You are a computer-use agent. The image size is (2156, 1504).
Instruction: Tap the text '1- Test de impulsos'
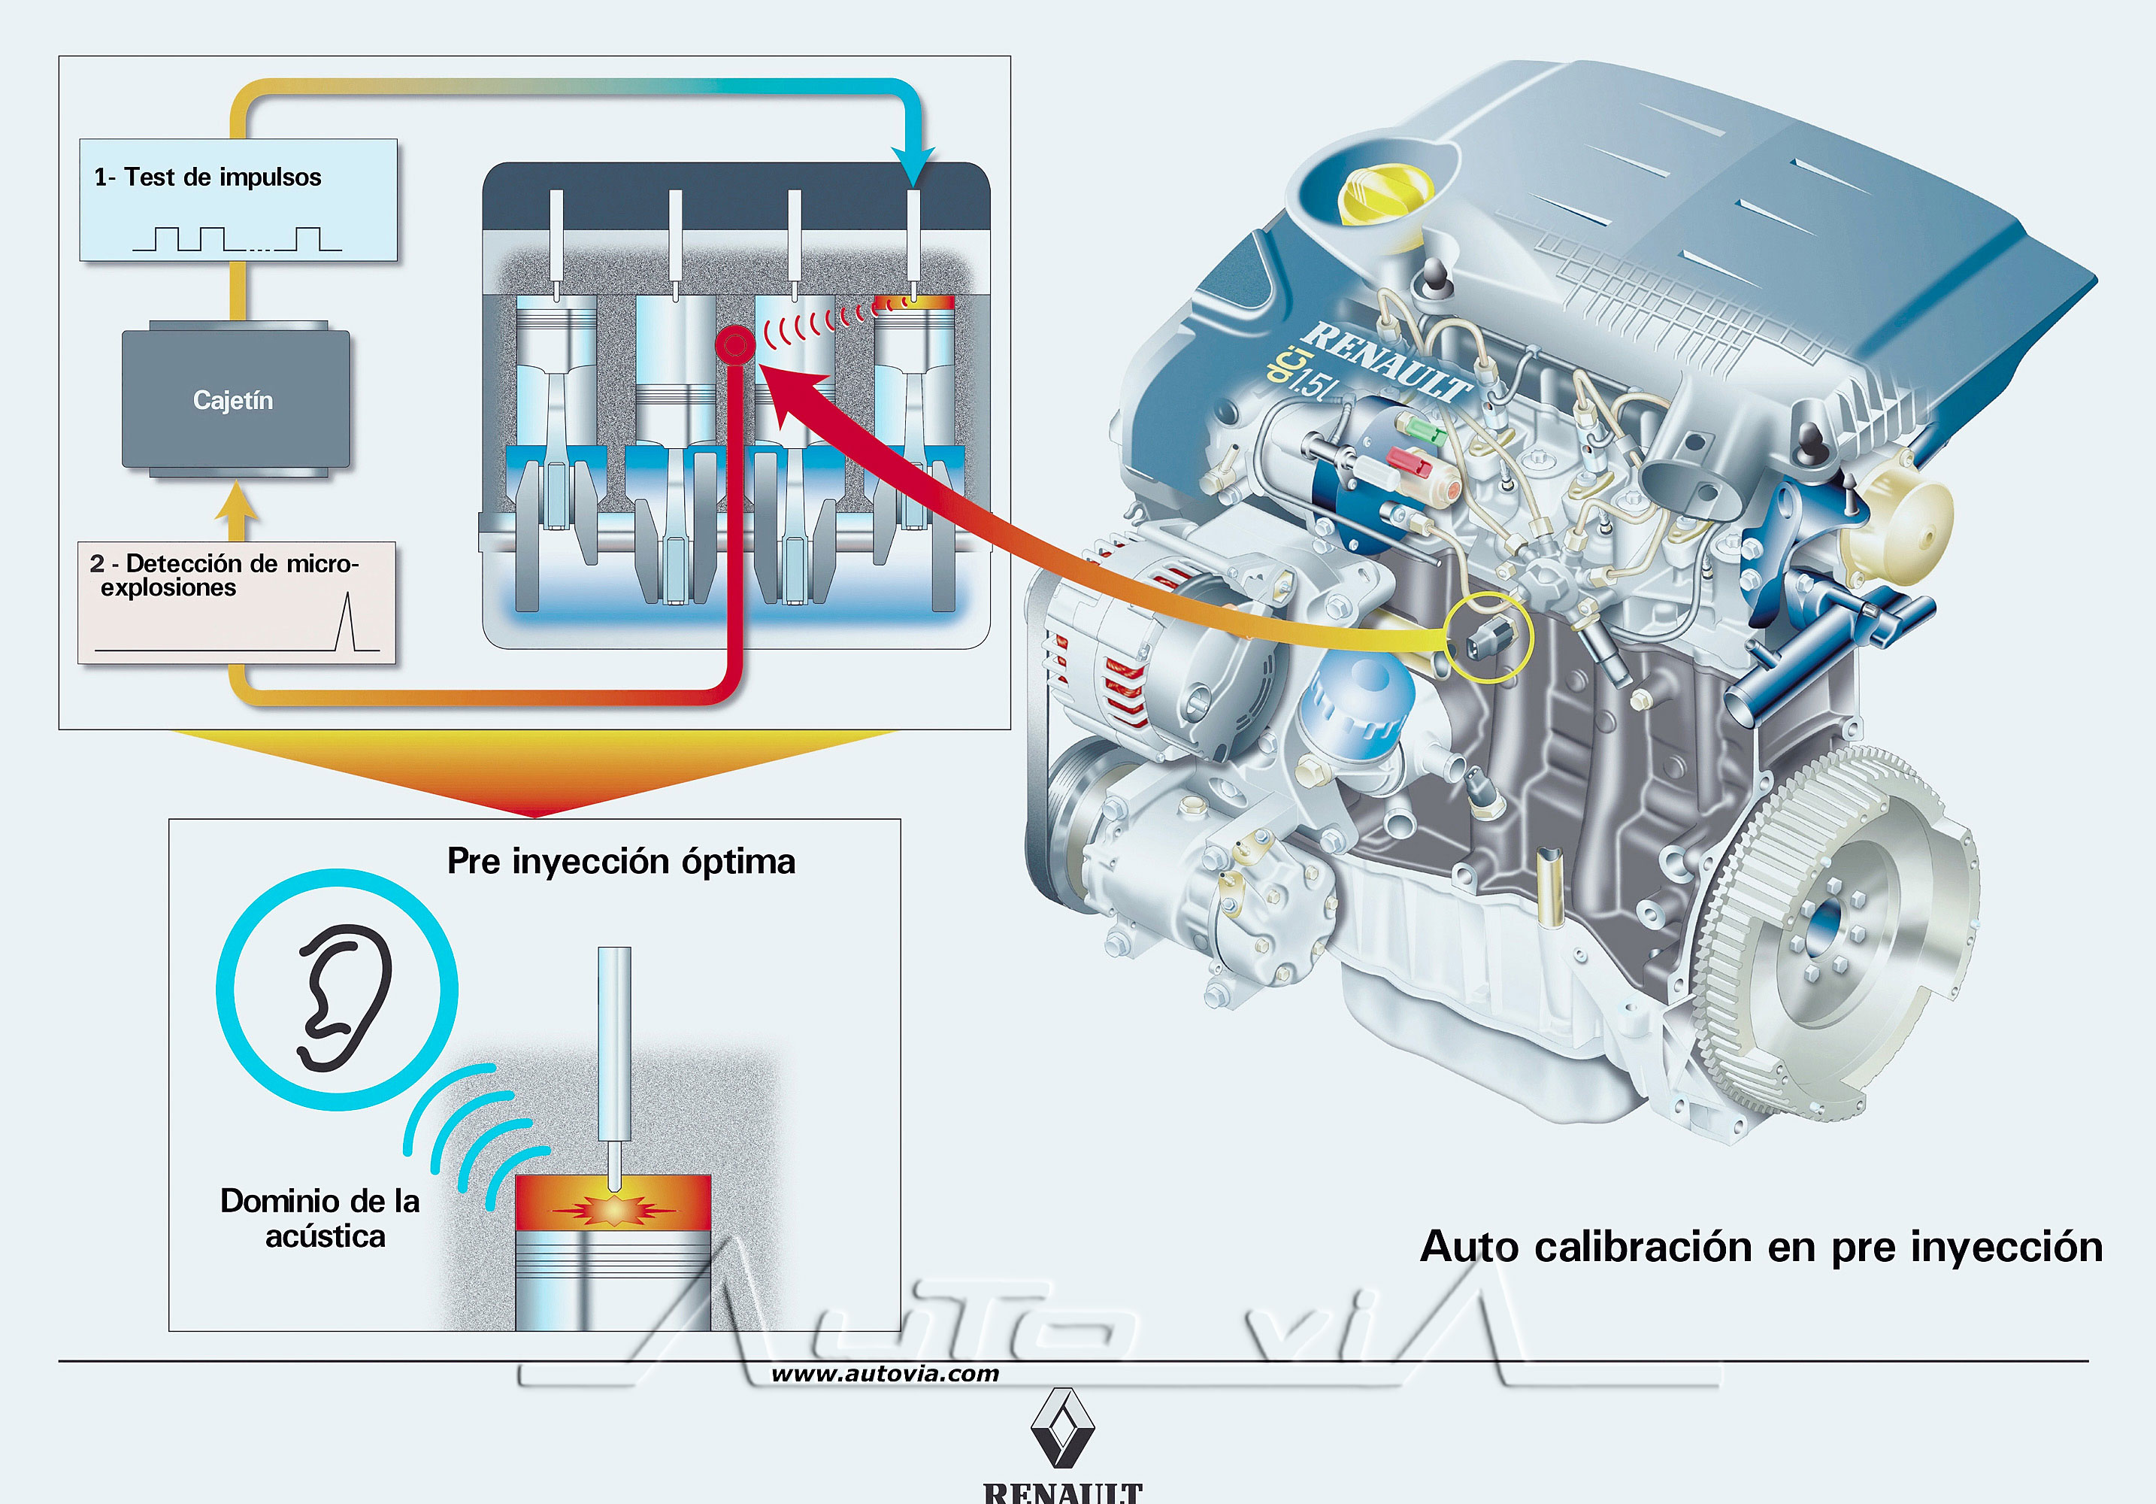click(x=207, y=177)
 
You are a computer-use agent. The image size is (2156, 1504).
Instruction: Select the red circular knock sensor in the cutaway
click(x=734, y=344)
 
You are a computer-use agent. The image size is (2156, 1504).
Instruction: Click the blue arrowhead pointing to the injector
click(x=913, y=167)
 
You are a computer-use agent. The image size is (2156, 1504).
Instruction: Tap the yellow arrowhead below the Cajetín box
click(x=236, y=502)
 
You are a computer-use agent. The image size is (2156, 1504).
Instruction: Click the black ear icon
click(x=344, y=996)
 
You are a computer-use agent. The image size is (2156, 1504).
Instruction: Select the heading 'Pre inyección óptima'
click(x=621, y=862)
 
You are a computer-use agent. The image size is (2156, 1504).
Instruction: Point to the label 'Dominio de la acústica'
click(x=321, y=1218)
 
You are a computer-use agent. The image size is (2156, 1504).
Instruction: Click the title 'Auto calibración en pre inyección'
click(x=1761, y=1248)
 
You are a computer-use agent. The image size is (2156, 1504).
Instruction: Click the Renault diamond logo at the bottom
click(x=1062, y=1428)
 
